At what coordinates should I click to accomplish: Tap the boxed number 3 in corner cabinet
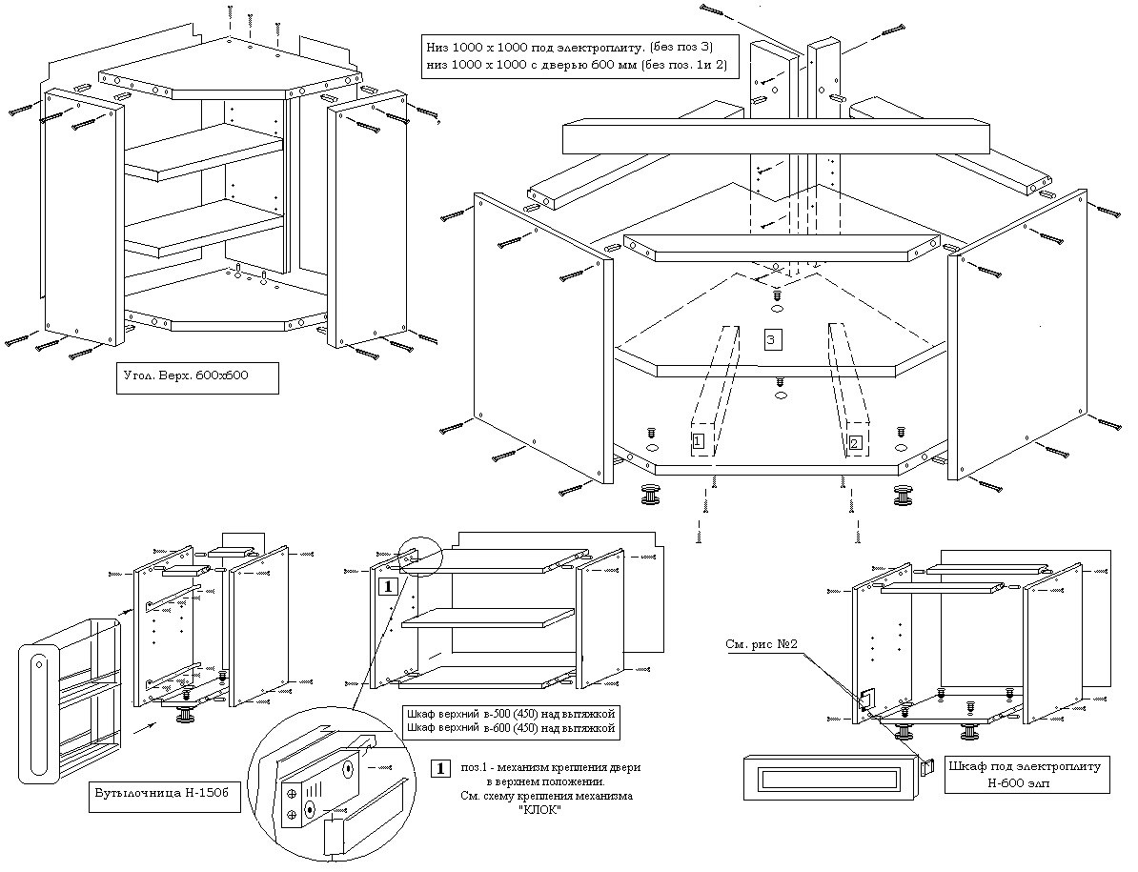(774, 339)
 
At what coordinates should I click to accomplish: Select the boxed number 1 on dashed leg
(699, 440)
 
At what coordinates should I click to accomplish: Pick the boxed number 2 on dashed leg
(855, 441)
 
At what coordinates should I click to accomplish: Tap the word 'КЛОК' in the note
(540, 808)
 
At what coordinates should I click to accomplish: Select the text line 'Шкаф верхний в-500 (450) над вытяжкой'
(507, 714)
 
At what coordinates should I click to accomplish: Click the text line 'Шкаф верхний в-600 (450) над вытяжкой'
(507, 729)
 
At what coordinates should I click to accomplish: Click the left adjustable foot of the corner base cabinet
(653, 495)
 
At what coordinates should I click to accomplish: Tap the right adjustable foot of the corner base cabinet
(902, 495)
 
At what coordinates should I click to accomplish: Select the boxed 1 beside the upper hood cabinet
(389, 585)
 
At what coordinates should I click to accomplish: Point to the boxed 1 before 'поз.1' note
(440, 767)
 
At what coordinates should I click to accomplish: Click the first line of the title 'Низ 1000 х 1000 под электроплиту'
(569, 47)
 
